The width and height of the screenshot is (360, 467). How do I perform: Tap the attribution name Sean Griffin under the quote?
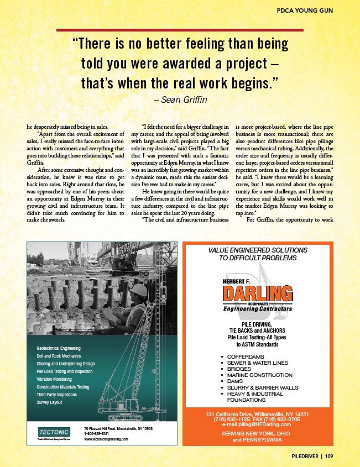(180, 100)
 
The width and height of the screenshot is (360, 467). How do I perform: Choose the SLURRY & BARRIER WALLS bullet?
(263, 387)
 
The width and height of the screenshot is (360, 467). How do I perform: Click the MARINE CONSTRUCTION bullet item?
(260, 375)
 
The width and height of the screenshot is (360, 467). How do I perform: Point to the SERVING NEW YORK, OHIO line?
(260, 434)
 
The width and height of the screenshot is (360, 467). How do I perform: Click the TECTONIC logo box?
(53, 432)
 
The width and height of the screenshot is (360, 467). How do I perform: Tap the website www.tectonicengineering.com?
(106, 439)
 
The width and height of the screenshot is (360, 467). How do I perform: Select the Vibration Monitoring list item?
(54, 380)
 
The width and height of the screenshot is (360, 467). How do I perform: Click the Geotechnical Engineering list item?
(59, 348)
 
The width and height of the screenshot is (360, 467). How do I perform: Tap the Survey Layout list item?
(49, 403)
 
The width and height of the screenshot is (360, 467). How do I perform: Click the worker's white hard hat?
(140, 289)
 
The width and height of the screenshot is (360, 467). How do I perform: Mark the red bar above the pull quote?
(180, 29)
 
